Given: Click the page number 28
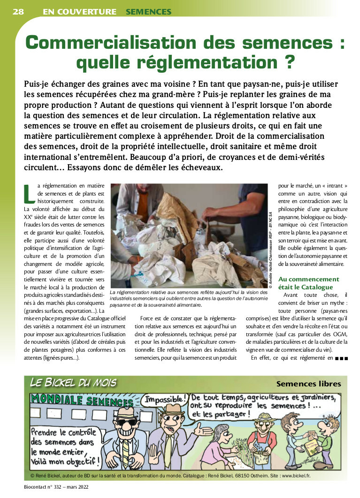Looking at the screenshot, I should click(18, 12).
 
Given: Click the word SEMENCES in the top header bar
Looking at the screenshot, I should click(148, 12).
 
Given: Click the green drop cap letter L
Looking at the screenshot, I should click(29, 193).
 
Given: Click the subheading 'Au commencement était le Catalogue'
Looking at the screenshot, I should click(308, 283).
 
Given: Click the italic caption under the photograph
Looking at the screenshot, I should click(188, 298).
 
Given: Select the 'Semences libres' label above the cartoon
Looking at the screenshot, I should click(308, 384).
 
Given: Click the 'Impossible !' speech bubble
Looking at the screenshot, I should click(164, 400).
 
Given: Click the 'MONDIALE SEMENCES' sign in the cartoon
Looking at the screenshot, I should click(82, 401).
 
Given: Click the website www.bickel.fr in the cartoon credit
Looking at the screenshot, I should click(295, 475).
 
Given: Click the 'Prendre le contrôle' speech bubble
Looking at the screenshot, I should click(64, 445).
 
